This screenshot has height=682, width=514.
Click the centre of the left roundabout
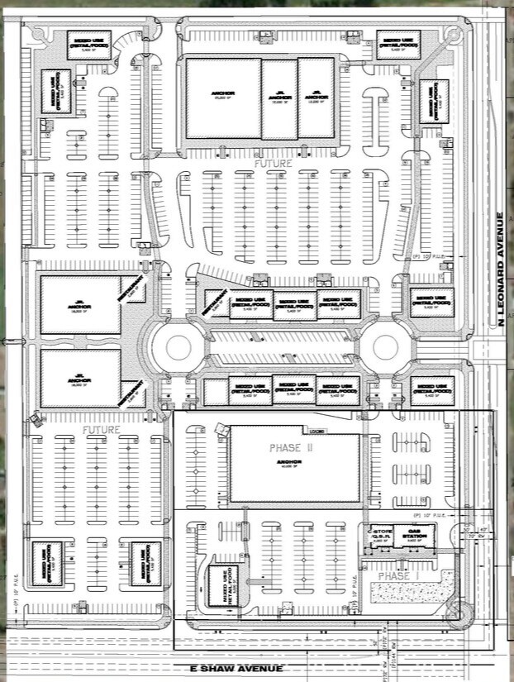(x=178, y=346)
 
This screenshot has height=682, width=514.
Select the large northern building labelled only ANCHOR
(x=223, y=98)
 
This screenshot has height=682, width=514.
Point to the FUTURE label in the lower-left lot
(x=101, y=431)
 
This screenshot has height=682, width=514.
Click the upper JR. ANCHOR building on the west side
(x=81, y=304)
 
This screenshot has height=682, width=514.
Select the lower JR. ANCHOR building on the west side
(x=81, y=378)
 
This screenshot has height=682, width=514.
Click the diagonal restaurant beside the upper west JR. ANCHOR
(x=132, y=290)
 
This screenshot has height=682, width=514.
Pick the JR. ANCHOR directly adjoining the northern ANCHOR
(x=279, y=98)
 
